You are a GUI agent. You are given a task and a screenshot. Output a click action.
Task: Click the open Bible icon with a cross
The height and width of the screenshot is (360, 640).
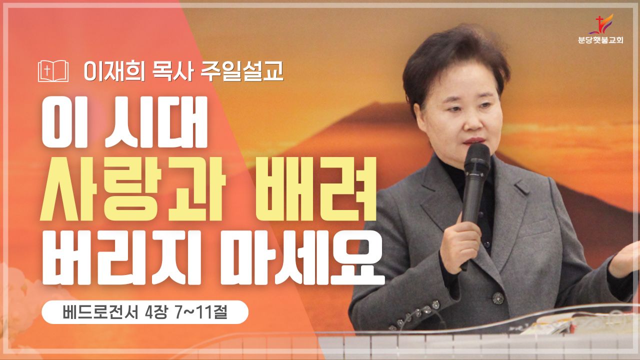pos(53,71)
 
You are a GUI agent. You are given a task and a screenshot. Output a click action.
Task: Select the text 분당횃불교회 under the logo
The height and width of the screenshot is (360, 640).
pos(600,40)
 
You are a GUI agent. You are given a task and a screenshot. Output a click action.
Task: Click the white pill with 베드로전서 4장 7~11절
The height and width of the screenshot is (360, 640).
pos(145,312)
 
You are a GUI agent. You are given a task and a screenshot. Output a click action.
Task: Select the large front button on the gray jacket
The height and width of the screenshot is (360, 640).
pos(498,298)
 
